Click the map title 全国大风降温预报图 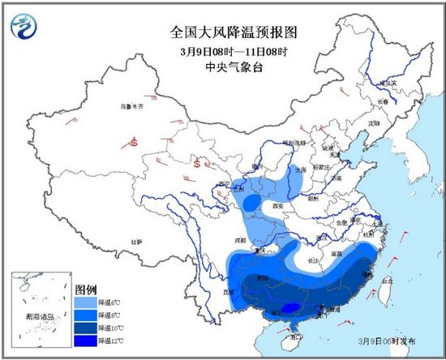tap(223, 32)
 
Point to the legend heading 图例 tap(86, 288)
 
